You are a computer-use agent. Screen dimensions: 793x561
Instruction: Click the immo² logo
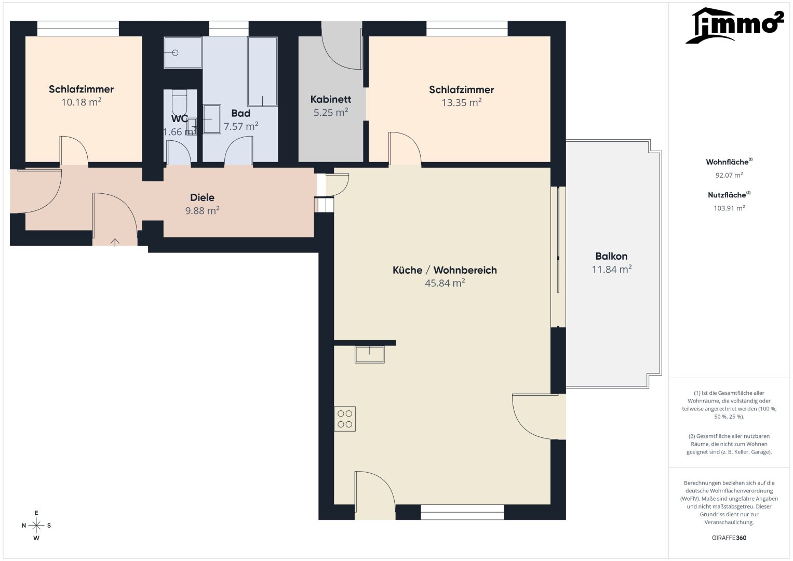[x=734, y=25]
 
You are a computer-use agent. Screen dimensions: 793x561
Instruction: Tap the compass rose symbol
[x=36, y=525]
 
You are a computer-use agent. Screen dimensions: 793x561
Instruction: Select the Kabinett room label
[x=331, y=100]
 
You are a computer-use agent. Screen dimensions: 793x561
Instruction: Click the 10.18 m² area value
[x=82, y=102]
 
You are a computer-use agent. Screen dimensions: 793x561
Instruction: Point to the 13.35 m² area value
[x=461, y=102]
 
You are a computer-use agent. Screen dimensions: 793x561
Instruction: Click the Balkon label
[x=611, y=256]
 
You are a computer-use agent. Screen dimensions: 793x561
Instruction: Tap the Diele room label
[x=202, y=197]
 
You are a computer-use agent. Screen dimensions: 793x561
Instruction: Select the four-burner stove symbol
[x=345, y=419]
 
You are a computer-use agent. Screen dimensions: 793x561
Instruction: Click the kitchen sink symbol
[x=370, y=354]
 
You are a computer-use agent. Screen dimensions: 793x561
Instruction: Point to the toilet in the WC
[x=179, y=102]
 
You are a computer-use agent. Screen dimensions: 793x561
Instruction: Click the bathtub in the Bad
[x=262, y=72]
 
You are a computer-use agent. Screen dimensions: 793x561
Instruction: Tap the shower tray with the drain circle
[x=183, y=53]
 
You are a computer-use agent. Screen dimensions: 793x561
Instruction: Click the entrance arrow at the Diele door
[x=115, y=242]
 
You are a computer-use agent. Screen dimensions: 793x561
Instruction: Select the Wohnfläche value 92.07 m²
[x=729, y=175]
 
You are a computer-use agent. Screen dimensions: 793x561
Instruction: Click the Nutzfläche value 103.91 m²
[x=729, y=208]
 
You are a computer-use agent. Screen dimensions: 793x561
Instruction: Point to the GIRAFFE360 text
[x=729, y=538]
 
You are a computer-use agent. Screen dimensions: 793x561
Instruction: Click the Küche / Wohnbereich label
[x=445, y=270]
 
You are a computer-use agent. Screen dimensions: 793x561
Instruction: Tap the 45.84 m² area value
[x=445, y=283]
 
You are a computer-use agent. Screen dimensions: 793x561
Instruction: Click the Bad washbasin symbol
[x=212, y=119]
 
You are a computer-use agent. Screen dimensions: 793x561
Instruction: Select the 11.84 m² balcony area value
[x=611, y=269]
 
